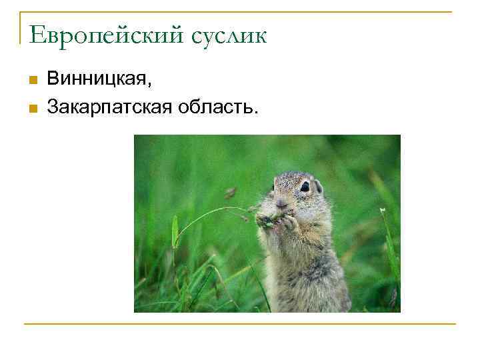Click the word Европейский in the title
coord(106,35)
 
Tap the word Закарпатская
coord(109,105)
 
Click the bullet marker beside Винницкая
coord(33,81)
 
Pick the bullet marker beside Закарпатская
coord(33,107)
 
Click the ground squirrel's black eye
coord(305,187)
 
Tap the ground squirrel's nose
coord(281,202)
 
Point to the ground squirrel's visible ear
coord(319,185)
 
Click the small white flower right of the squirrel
coord(383,211)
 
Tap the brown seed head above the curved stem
coord(230,193)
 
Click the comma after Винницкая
coord(150,85)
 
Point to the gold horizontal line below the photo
coord(240,324)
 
